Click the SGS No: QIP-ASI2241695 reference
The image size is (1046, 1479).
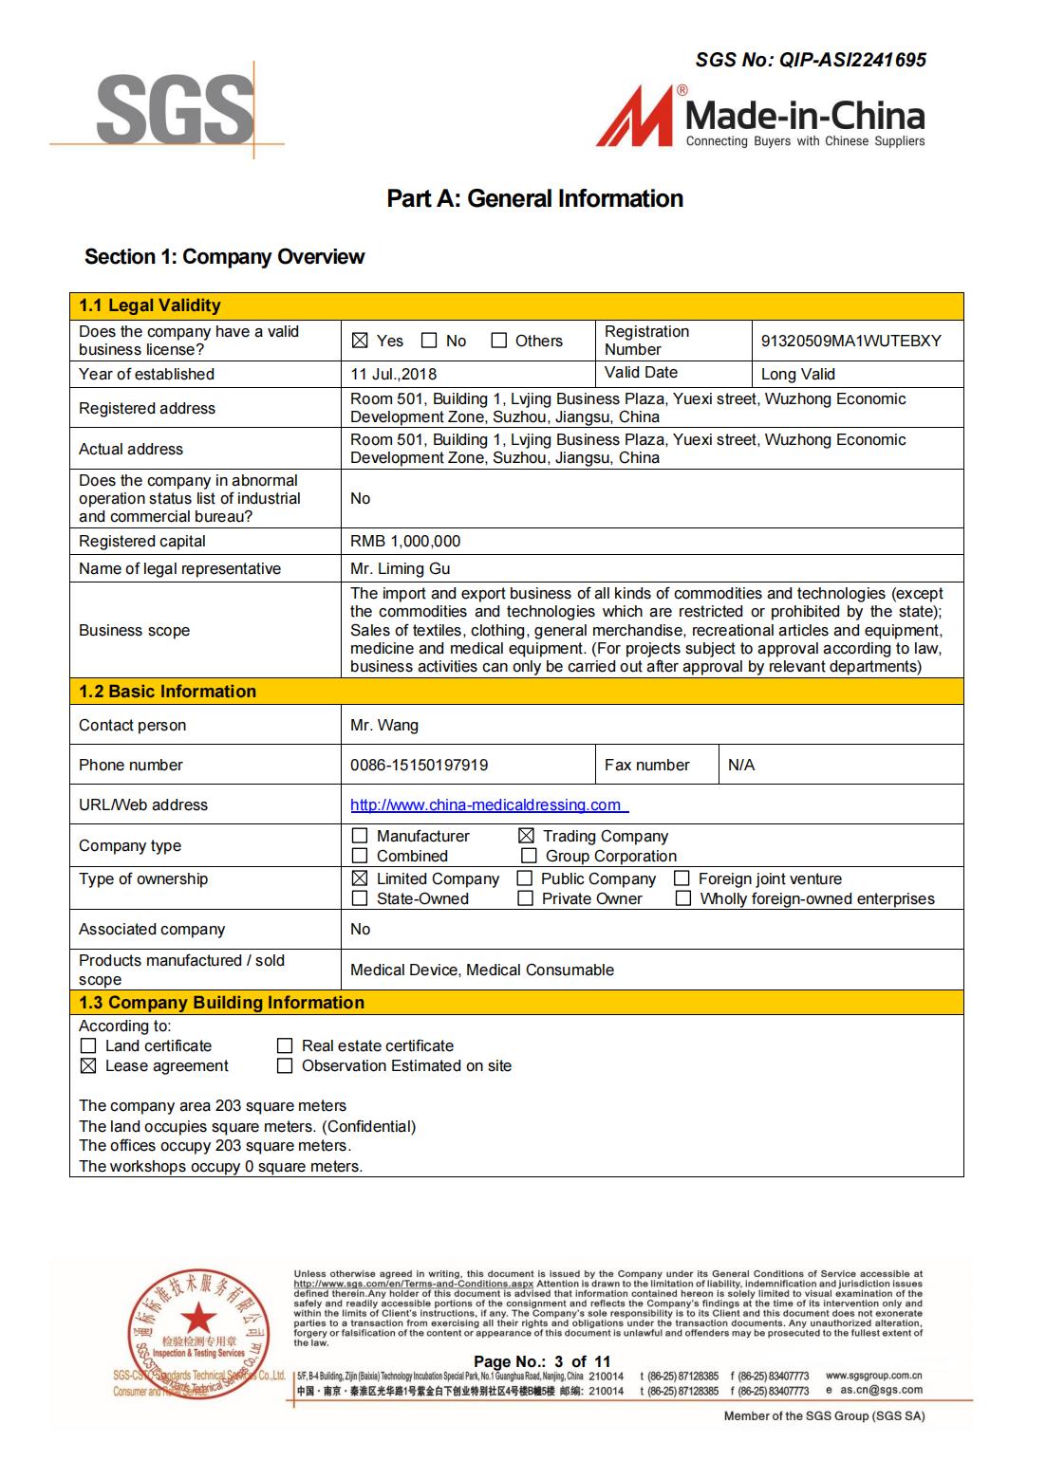pos(811,60)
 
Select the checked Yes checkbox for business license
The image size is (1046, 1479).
pos(360,341)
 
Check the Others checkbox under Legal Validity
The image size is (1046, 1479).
pos(499,341)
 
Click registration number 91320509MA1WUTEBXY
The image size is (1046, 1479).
pos(850,341)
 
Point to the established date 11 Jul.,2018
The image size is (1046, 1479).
pos(393,374)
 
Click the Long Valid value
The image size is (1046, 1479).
pos(797,374)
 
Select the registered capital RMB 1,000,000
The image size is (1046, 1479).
pos(405,541)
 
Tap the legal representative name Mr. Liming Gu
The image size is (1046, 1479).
pos(400,568)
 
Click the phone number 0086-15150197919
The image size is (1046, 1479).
pos(419,765)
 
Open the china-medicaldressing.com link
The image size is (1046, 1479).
pos(486,804)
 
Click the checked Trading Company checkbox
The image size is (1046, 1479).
pos(526,836)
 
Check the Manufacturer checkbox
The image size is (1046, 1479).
pos(360,836)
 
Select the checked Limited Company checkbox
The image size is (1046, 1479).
pos(360,878)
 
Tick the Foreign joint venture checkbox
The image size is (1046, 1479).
pos(682,878)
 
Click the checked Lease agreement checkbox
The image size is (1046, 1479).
pos(88,1065)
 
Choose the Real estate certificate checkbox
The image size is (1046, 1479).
pos(285,1045)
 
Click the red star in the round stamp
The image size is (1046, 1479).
pos(198,1317)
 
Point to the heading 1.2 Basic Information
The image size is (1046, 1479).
pos(167,691)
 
